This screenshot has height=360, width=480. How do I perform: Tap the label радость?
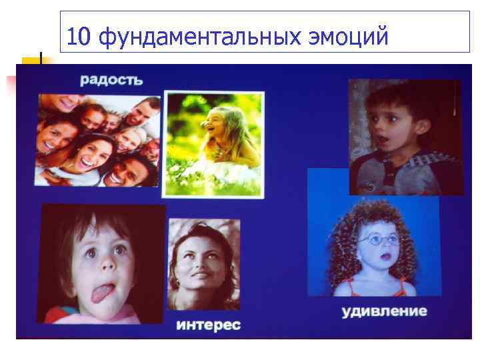point(111,81)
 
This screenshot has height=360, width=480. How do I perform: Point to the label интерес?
point(208,325)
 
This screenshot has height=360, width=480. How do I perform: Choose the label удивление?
point(385,311)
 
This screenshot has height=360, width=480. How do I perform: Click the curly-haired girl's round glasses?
point(379,239)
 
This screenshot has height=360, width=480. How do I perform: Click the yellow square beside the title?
point(30,65)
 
